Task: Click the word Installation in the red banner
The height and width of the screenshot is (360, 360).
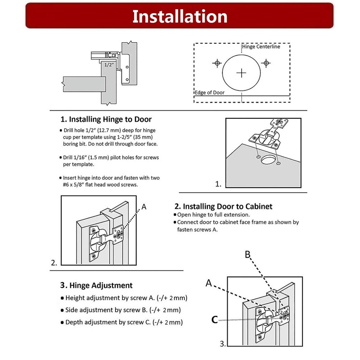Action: [180, 16]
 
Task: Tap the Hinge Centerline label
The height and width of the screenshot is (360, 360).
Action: [261, 46]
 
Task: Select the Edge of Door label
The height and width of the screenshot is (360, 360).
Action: [209, 92]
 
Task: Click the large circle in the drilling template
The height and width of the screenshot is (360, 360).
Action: [242, 72]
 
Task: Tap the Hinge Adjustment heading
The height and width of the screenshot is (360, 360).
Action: [96, 285]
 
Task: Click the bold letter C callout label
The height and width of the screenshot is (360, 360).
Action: [215, 320]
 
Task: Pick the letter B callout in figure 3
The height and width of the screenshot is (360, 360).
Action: [247, 255]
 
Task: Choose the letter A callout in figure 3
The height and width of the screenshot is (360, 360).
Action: [209, 283]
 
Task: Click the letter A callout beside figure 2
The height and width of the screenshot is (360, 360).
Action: [144, 207]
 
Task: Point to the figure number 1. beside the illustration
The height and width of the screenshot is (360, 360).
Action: [219, 184]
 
